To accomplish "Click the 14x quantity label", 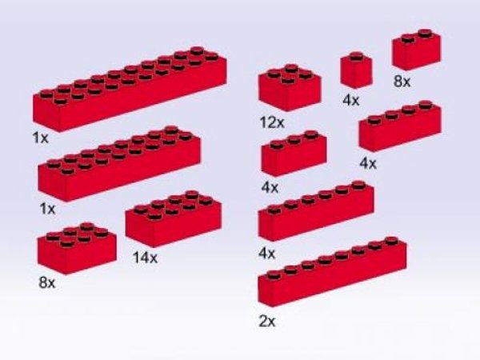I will tap(145, 258).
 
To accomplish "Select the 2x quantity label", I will tap(266, 321).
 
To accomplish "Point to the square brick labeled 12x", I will tap(290, 88).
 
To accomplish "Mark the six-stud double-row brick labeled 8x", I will tap(76, 248).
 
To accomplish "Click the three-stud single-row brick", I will tap(293, 154).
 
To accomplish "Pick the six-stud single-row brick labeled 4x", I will tap(317, 211).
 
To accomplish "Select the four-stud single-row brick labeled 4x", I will tap(399, 126).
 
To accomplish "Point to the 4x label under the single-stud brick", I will tap(351, 101).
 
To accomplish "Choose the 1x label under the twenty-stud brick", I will tap(41, 138).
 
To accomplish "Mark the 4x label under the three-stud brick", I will tap(269, 187).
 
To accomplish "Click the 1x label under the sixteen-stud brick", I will tap(46, 209).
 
